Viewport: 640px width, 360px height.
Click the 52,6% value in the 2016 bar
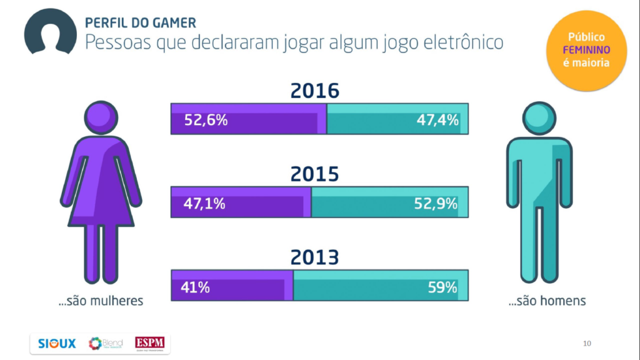(206, 120)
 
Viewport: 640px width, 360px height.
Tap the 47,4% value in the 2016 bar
(437, 120)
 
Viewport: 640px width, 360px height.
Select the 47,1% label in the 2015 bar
(204, 204)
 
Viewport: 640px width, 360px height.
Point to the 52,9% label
(436, 204)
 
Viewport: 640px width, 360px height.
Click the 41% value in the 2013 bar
(195, 287)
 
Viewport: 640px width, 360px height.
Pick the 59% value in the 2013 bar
(442, 287)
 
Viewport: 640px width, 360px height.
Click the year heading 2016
(314, 91)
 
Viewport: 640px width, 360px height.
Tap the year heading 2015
(314, 174)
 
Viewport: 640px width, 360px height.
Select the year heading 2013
(314, 257)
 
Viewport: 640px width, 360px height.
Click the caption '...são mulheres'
(101, 301)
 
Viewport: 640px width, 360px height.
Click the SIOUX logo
(56, 343)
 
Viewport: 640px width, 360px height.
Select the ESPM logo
(152, 343)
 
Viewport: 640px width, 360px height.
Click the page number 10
(586, 343)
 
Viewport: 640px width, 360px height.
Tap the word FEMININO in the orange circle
(586, 50)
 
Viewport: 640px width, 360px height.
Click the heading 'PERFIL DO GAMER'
(140, 23)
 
